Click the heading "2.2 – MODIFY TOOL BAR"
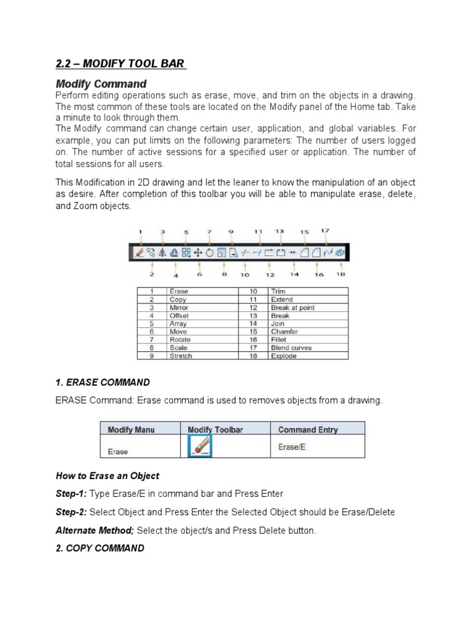tap(120, 63)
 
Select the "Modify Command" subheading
tap(101, 84)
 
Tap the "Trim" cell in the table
tap(278, 291)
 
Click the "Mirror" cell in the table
tap(179, 307)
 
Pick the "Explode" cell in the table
tap(283, 356)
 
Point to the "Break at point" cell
tap(293, 307)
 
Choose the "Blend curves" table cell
tap(291, 348)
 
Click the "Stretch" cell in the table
tap(181, 356)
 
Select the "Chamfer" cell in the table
tap(285, 332)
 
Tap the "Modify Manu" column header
tap(132, 429)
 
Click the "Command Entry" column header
tap(308, 429)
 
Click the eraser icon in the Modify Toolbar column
tap(198, 447)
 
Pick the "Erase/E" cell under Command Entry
tap(292, 447)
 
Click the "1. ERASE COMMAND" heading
tap(102, 382)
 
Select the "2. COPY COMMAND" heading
tap(100, 548)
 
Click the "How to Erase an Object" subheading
tap(108, 475)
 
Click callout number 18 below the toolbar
tap(340, 275)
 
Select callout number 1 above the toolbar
tap(140, 232)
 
